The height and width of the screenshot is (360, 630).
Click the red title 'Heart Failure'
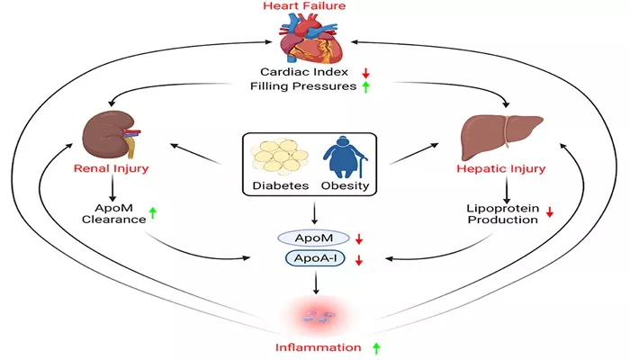[x=304, y=6]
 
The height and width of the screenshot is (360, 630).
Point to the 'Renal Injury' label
[x=112, y=168]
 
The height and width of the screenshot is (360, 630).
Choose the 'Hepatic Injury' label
[x=501, y=168]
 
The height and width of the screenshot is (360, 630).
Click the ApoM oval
[x=313, y=238]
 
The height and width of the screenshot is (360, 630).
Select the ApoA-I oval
[x=315, y=258]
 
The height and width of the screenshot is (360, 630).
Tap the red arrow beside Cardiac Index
[x=365, y=73]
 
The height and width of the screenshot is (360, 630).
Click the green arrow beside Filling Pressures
[x=365, y=87]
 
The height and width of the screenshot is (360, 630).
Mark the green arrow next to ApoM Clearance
[x=153, y=213]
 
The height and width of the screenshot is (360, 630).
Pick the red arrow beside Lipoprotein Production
[x=550, y=211]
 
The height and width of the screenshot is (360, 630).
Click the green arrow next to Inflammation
[x=376, y=348]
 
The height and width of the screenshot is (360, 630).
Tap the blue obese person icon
[x=345, y=157]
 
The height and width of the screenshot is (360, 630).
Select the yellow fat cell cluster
[x=280, y=155]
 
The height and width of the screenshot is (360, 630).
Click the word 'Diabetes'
[x=281, y=186]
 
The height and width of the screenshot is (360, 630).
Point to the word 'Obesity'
[x=345, y=186]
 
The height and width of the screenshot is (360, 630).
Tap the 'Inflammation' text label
[x=319, y=347]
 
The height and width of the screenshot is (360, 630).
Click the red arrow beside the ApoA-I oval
[x=359, y=260]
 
